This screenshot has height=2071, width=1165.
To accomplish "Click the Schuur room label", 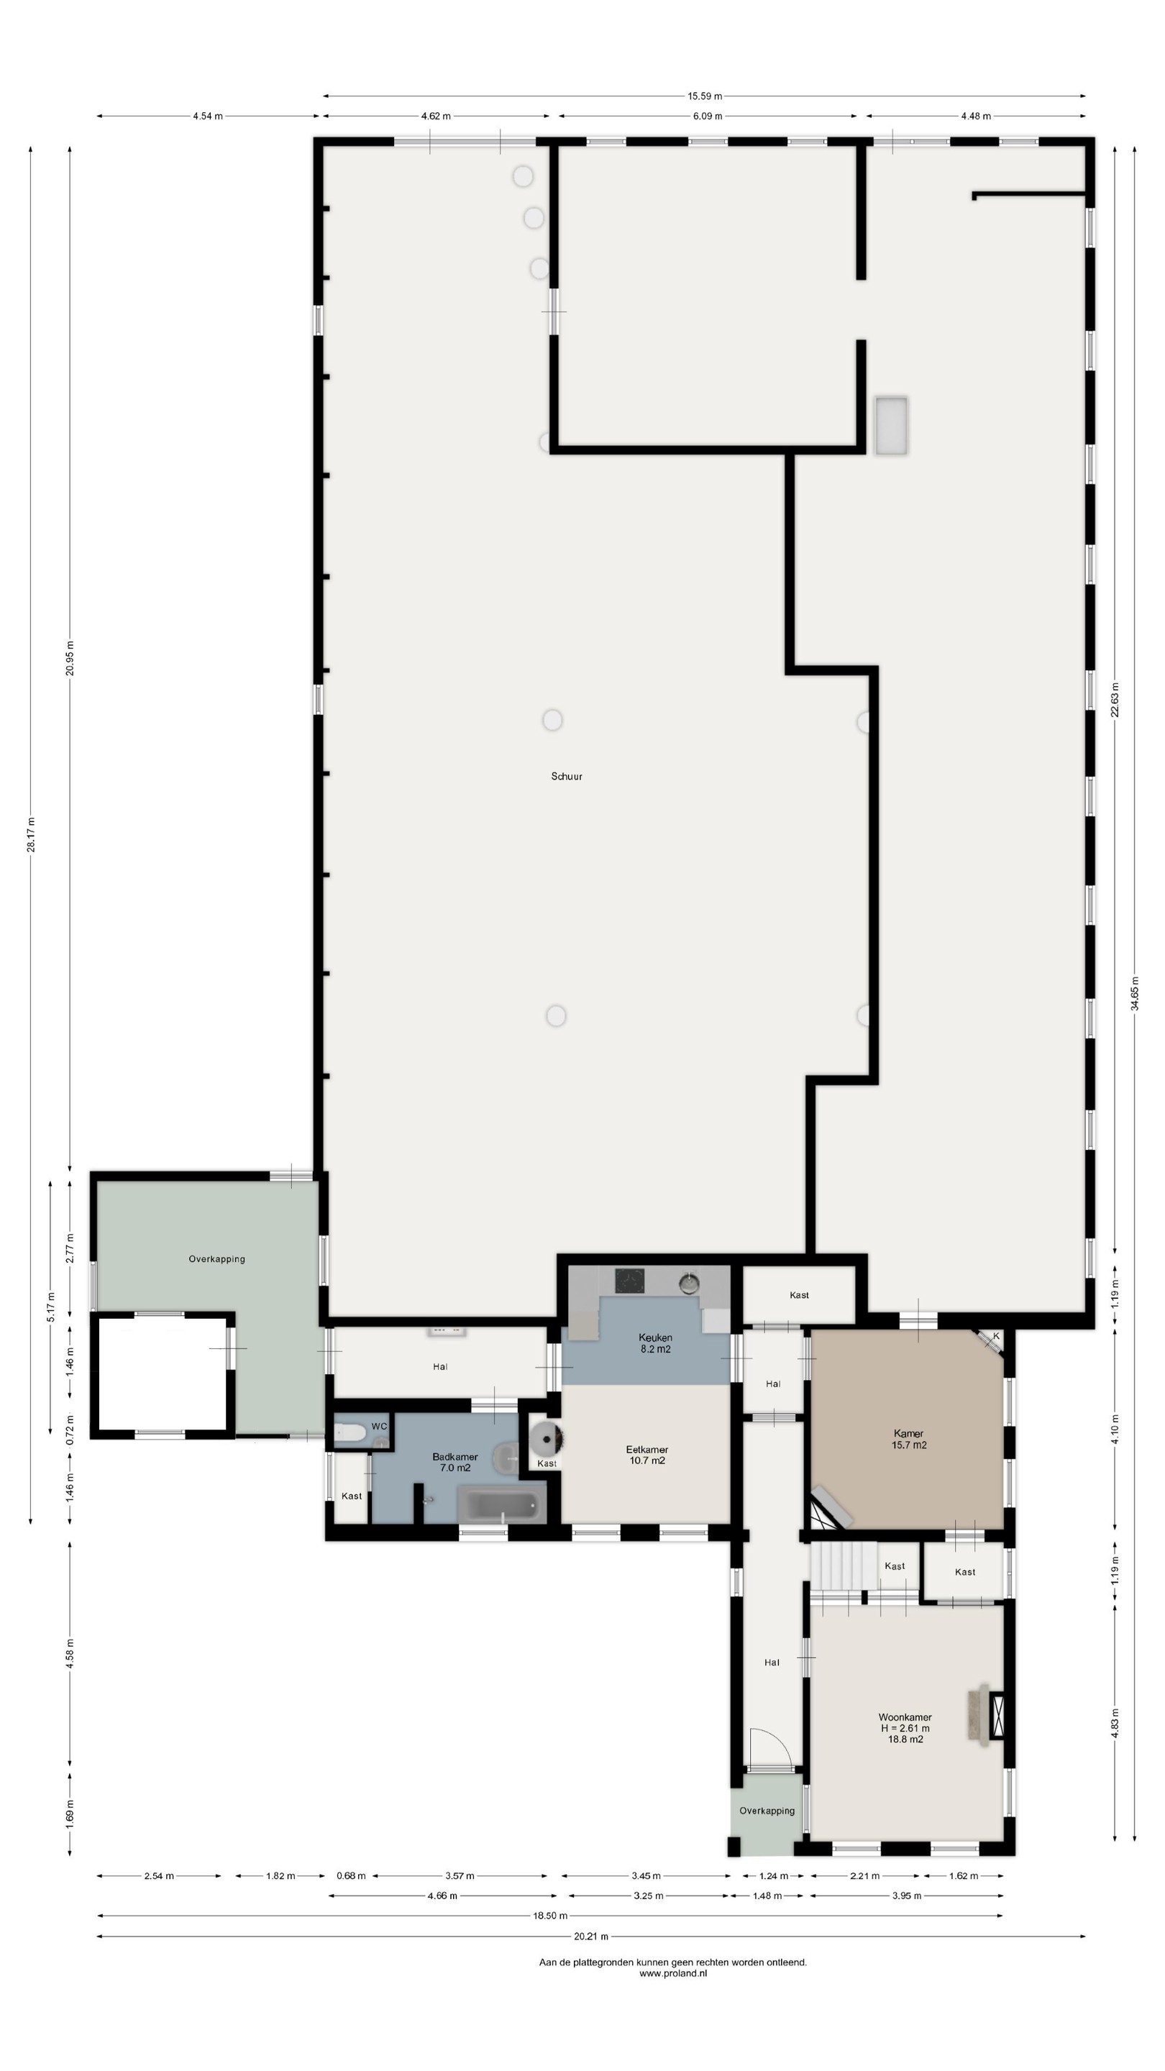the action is pyautogui.click(x=566, y=777).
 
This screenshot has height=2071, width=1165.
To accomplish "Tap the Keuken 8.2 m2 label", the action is pyautogui.click(x=655, y=1343).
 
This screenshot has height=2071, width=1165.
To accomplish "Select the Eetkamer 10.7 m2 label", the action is pyautogui.click(x=647, y=1455).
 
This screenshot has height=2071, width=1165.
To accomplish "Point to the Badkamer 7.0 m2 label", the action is pyautogui.click(x=455, y=1463).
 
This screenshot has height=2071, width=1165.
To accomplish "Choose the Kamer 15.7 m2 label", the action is pyautogui.click(x=908, y=1439).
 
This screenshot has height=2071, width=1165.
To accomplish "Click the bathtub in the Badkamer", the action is pyautogui.click(x=503, y=1504).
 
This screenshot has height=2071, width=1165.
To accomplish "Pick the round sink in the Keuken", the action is pyautogui.click(x=689, y=1282).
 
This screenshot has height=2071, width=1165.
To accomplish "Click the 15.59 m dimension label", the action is pyautogui.click(x=704, y=96).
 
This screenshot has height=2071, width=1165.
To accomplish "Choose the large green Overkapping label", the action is pyautogui.click(x=216, y=1259).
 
